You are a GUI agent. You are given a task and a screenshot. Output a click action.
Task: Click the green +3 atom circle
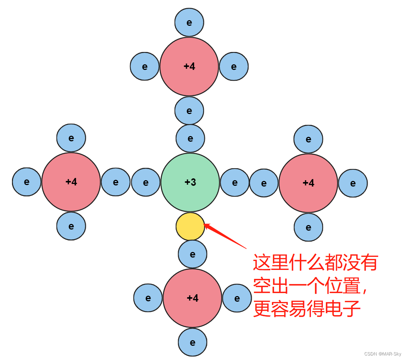(190, 182)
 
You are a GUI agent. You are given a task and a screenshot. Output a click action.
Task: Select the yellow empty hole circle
(190, 227)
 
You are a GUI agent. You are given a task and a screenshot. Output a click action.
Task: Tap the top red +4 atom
(189, 67)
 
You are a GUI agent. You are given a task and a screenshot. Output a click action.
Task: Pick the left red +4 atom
(71, 182)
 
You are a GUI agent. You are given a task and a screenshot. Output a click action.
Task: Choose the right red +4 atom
(308, 183)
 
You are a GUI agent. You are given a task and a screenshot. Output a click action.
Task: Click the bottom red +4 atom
(192, 298)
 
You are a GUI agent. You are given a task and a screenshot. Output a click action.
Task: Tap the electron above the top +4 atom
(189, 22)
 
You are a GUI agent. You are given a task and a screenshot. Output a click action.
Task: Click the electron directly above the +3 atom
(190, 139)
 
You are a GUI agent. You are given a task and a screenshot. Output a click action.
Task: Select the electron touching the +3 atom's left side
(146, 182)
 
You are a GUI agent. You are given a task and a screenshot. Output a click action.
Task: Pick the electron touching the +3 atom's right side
(235, 182)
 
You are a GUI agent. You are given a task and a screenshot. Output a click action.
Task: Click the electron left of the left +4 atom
(27, 182)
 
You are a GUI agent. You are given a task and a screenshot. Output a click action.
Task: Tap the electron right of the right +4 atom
(353, 183)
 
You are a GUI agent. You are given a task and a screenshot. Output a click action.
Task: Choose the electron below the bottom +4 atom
(192, 342)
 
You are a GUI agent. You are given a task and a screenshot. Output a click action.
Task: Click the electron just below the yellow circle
(192, 254)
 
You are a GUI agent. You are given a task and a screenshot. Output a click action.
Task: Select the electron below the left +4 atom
(71, 226)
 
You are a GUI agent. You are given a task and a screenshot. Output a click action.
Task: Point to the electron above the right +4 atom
(308, 139)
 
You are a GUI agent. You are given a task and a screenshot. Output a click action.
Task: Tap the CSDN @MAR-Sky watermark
(383, 354)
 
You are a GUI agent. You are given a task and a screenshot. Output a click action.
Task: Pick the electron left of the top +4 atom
(145, 67)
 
